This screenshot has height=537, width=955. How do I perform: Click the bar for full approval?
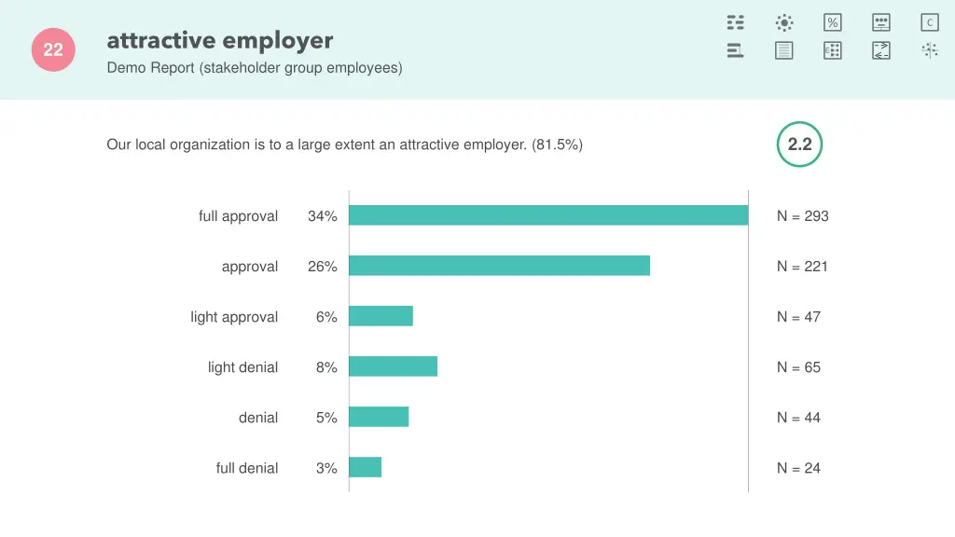(548, 215)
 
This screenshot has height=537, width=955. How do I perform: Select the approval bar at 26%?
(499, 266)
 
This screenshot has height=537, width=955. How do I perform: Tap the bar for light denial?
(393, 366)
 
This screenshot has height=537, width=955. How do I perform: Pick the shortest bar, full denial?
(365, 467)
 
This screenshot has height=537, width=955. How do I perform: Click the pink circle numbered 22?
(53, 50)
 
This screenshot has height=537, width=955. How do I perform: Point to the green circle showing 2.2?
(799, 145)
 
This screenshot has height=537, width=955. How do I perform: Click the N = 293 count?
(802, 216)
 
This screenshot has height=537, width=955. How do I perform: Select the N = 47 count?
(798, 317)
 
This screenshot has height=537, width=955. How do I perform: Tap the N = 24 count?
(798, 468)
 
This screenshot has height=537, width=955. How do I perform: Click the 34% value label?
(322, 216)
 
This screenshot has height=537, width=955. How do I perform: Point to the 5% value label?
(325, 418)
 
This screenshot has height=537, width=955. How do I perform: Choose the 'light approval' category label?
(234, 317)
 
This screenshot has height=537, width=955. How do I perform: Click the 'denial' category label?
(258, 418)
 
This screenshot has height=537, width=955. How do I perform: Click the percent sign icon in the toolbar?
(832, 22)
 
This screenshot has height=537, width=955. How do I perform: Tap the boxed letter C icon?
(929, 22)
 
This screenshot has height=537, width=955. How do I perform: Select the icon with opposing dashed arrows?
(880, 50)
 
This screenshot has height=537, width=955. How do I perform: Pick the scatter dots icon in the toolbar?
(929, 50)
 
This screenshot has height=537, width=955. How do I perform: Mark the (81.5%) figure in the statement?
(558, 145)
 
